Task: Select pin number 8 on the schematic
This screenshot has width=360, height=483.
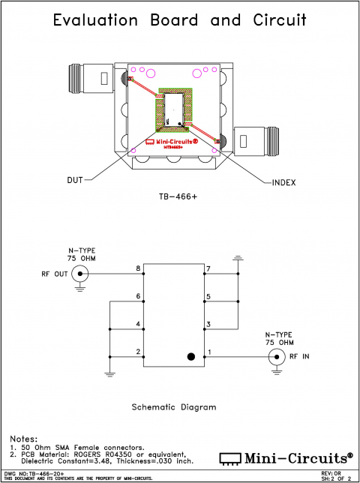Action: coord(138,268)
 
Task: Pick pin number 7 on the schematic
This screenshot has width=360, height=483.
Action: coord(208,268)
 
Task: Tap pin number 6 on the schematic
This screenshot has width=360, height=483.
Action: coord(138,296)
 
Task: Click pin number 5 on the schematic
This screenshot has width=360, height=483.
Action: coord(208,296)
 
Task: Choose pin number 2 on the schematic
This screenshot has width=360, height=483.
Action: coord(138,351)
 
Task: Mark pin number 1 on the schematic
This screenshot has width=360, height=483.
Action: coord(208,351)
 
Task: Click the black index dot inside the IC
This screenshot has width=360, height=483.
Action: coord(192,357)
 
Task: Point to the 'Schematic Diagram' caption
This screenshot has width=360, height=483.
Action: coord(173,406)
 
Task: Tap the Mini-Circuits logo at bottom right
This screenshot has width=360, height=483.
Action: coord(286,457)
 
